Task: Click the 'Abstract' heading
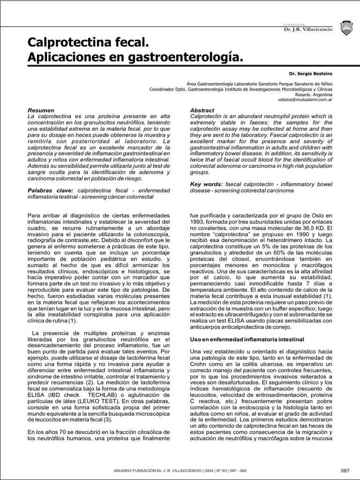tap(202, 110)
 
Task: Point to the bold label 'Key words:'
tap(207, 185)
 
